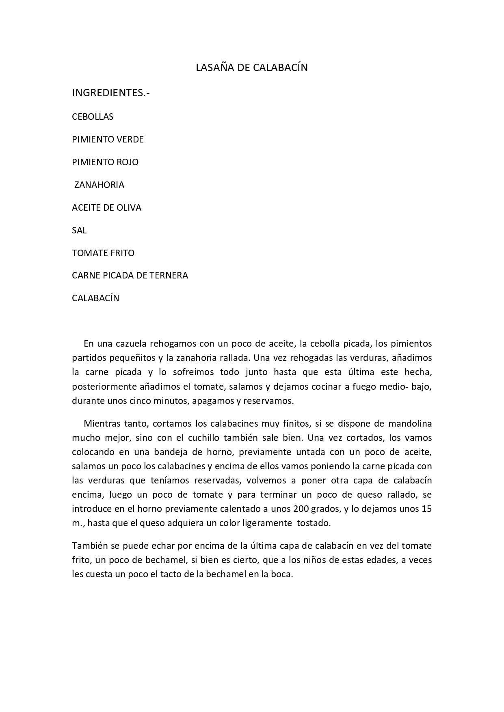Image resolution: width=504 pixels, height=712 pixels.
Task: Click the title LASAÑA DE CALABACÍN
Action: pos(252,68)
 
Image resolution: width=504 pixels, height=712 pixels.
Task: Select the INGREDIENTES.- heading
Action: pos(111,93)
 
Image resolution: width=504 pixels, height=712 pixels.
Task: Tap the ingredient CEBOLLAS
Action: pos(93,117)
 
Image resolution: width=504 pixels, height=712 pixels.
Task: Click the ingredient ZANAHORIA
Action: pos(99,185)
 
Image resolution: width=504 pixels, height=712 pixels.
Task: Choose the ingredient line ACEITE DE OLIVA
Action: pos(106,208)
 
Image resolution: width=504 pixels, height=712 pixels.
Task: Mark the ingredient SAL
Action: pos(79,231)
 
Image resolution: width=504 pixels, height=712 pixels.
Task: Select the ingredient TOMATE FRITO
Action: pos(103,253)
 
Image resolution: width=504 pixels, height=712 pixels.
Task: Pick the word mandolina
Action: pos(410,424)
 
